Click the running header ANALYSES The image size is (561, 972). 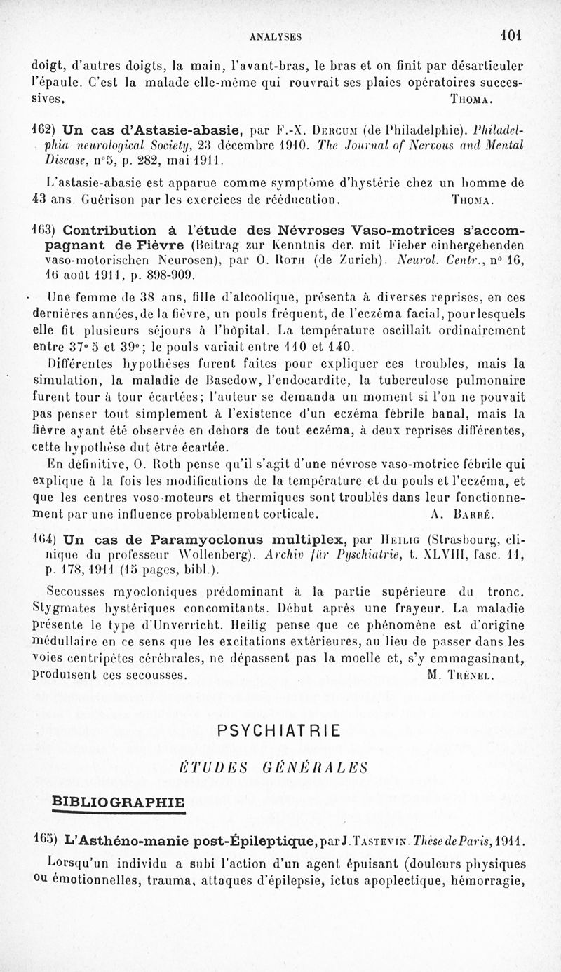(x=280, y=36)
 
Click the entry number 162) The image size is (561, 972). (x=45, y=130)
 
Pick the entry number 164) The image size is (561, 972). (x=45, y=540)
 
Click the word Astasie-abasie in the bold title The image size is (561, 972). (x=185, y=130)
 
